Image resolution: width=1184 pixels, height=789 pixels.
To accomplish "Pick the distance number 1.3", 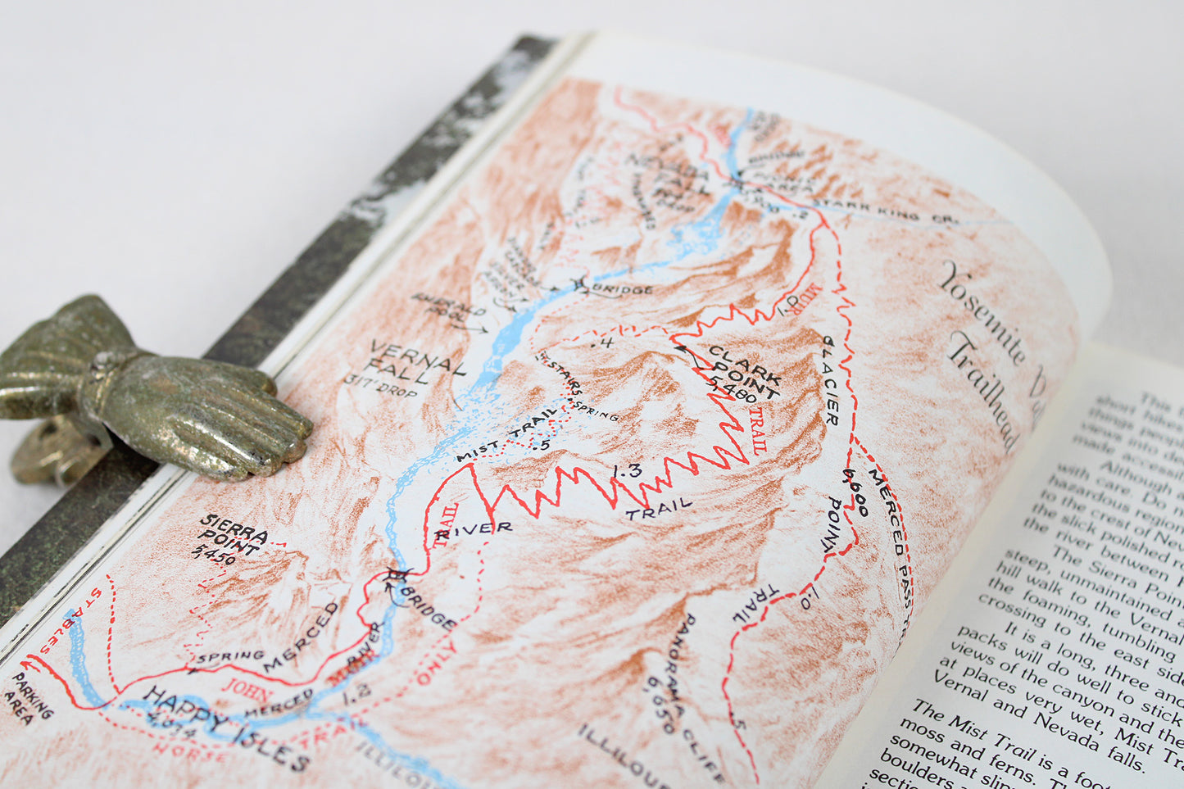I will (x=626, y=471).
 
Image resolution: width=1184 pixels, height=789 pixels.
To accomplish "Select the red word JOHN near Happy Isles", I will (x=247, y=687).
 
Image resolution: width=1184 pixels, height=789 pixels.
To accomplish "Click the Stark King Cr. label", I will (x=885, y=210).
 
